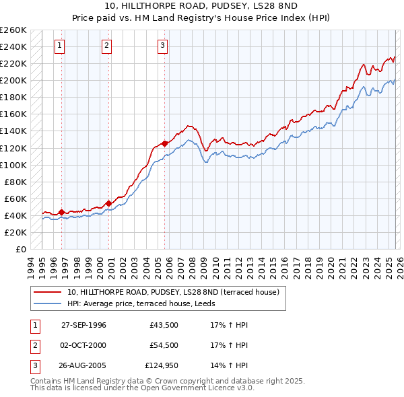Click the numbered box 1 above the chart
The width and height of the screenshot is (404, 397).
point(60,46)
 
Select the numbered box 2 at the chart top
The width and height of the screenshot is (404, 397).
point(106,46)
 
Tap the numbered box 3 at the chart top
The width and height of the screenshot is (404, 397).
point(163,46)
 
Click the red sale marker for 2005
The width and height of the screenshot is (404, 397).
point(165,143)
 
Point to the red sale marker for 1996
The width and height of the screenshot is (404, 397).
point(62,212)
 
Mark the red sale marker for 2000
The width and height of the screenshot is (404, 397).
point(108,203)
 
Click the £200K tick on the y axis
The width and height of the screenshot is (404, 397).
point(13,80)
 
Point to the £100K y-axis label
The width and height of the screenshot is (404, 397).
point(13,165)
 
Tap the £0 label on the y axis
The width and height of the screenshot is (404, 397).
point(21,249)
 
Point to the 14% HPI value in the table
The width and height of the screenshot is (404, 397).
point(230,367)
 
